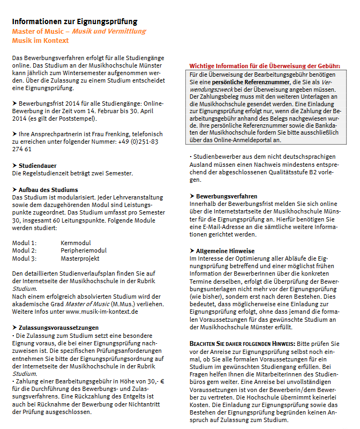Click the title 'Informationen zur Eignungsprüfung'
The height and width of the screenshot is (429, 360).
pos(74,21)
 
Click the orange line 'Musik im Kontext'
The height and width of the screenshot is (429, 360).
pos(40,40)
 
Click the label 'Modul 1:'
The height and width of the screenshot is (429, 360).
pos(24,242)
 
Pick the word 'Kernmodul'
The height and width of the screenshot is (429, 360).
pos(77,242)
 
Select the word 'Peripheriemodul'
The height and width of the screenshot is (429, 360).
pos(84,250)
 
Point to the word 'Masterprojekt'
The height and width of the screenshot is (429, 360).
pos(81,258)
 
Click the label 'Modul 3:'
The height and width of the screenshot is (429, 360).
pos(24,258)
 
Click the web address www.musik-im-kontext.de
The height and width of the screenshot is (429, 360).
pos(102,311)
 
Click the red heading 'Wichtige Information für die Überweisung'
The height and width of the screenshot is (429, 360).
pos(265,66)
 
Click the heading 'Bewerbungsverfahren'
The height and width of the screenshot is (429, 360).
pos(227,196)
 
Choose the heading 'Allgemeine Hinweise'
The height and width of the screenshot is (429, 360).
pos(226,250)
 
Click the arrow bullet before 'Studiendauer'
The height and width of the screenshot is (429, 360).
pos(14,166)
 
